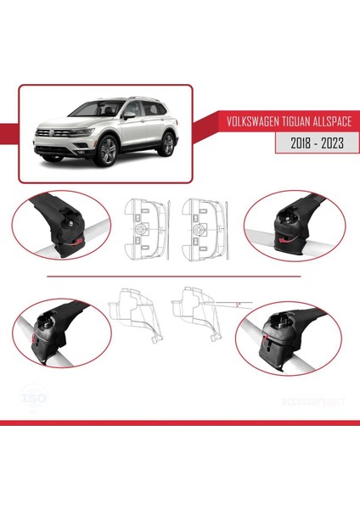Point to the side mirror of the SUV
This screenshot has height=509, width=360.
(127, 117)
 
